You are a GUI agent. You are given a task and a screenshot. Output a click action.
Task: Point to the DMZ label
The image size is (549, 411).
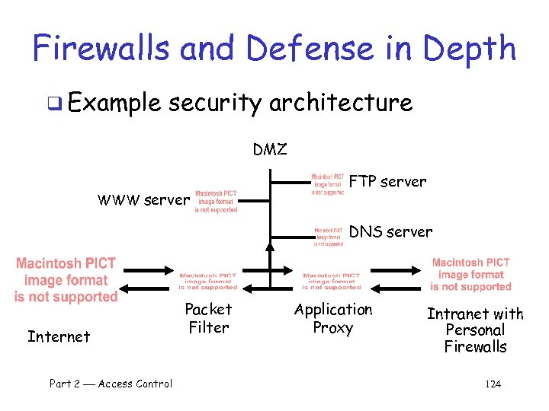coord(270,150)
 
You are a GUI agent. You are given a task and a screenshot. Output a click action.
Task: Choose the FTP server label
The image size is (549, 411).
coord(387,182)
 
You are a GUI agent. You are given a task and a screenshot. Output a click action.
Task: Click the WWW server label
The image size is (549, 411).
coord(143,201)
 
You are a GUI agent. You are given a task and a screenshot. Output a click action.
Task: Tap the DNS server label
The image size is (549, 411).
coord(390,231)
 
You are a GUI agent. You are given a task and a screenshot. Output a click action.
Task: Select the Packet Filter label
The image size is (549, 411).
coord(208,318)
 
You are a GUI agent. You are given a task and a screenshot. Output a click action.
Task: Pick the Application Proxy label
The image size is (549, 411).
coord(333,318)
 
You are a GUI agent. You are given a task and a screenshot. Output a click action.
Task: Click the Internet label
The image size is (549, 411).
coord(59,336)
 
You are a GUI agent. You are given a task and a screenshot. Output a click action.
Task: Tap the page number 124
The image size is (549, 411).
coord(493,384)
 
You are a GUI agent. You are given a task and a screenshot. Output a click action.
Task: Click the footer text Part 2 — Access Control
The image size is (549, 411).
coord(111,384)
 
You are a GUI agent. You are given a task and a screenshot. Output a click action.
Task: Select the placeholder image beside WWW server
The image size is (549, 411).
coord(216,201)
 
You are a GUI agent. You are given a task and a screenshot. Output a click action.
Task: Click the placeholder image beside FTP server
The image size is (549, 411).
coord(327,184)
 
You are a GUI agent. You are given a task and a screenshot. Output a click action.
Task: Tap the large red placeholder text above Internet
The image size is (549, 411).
coord(66,280)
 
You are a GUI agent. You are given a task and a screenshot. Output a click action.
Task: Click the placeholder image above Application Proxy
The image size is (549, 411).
coord(332,281)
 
